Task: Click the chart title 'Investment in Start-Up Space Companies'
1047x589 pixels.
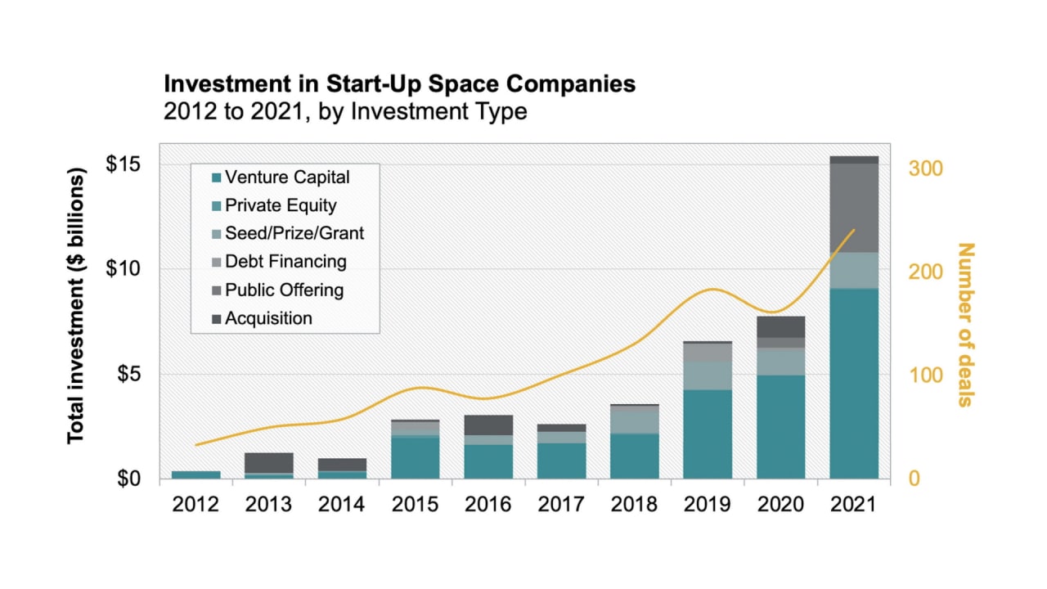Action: tap(399, 83)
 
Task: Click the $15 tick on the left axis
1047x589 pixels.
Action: tap(123, 164)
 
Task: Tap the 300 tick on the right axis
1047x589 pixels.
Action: tap(928, 169)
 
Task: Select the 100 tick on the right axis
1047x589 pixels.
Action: tap(928, 375)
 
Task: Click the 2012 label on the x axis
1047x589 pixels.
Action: tap(195, 505)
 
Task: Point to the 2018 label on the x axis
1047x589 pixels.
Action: tap(634, 505)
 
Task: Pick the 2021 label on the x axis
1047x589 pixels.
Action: tap(853, 505)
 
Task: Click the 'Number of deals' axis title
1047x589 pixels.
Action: tap(966, 324)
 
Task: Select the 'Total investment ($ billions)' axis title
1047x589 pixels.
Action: tap(76, 308)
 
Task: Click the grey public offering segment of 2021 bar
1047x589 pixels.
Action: tap(853, 208)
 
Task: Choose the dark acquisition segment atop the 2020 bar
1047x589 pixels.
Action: tap(780, 326)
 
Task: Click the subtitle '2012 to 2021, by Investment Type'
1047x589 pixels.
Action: tap(345, 111)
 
